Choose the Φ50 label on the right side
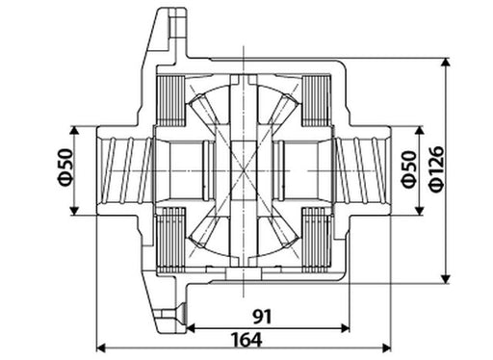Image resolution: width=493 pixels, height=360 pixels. pos(407,167)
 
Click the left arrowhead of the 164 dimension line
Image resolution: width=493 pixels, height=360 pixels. pos(101,347)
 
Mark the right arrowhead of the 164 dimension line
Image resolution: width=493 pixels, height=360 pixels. pos(388,347)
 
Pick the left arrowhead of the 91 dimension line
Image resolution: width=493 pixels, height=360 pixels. pos(189,326)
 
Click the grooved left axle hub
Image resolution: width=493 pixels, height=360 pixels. pos(123,167)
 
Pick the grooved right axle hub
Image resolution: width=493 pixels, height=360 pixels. pos(363,167)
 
